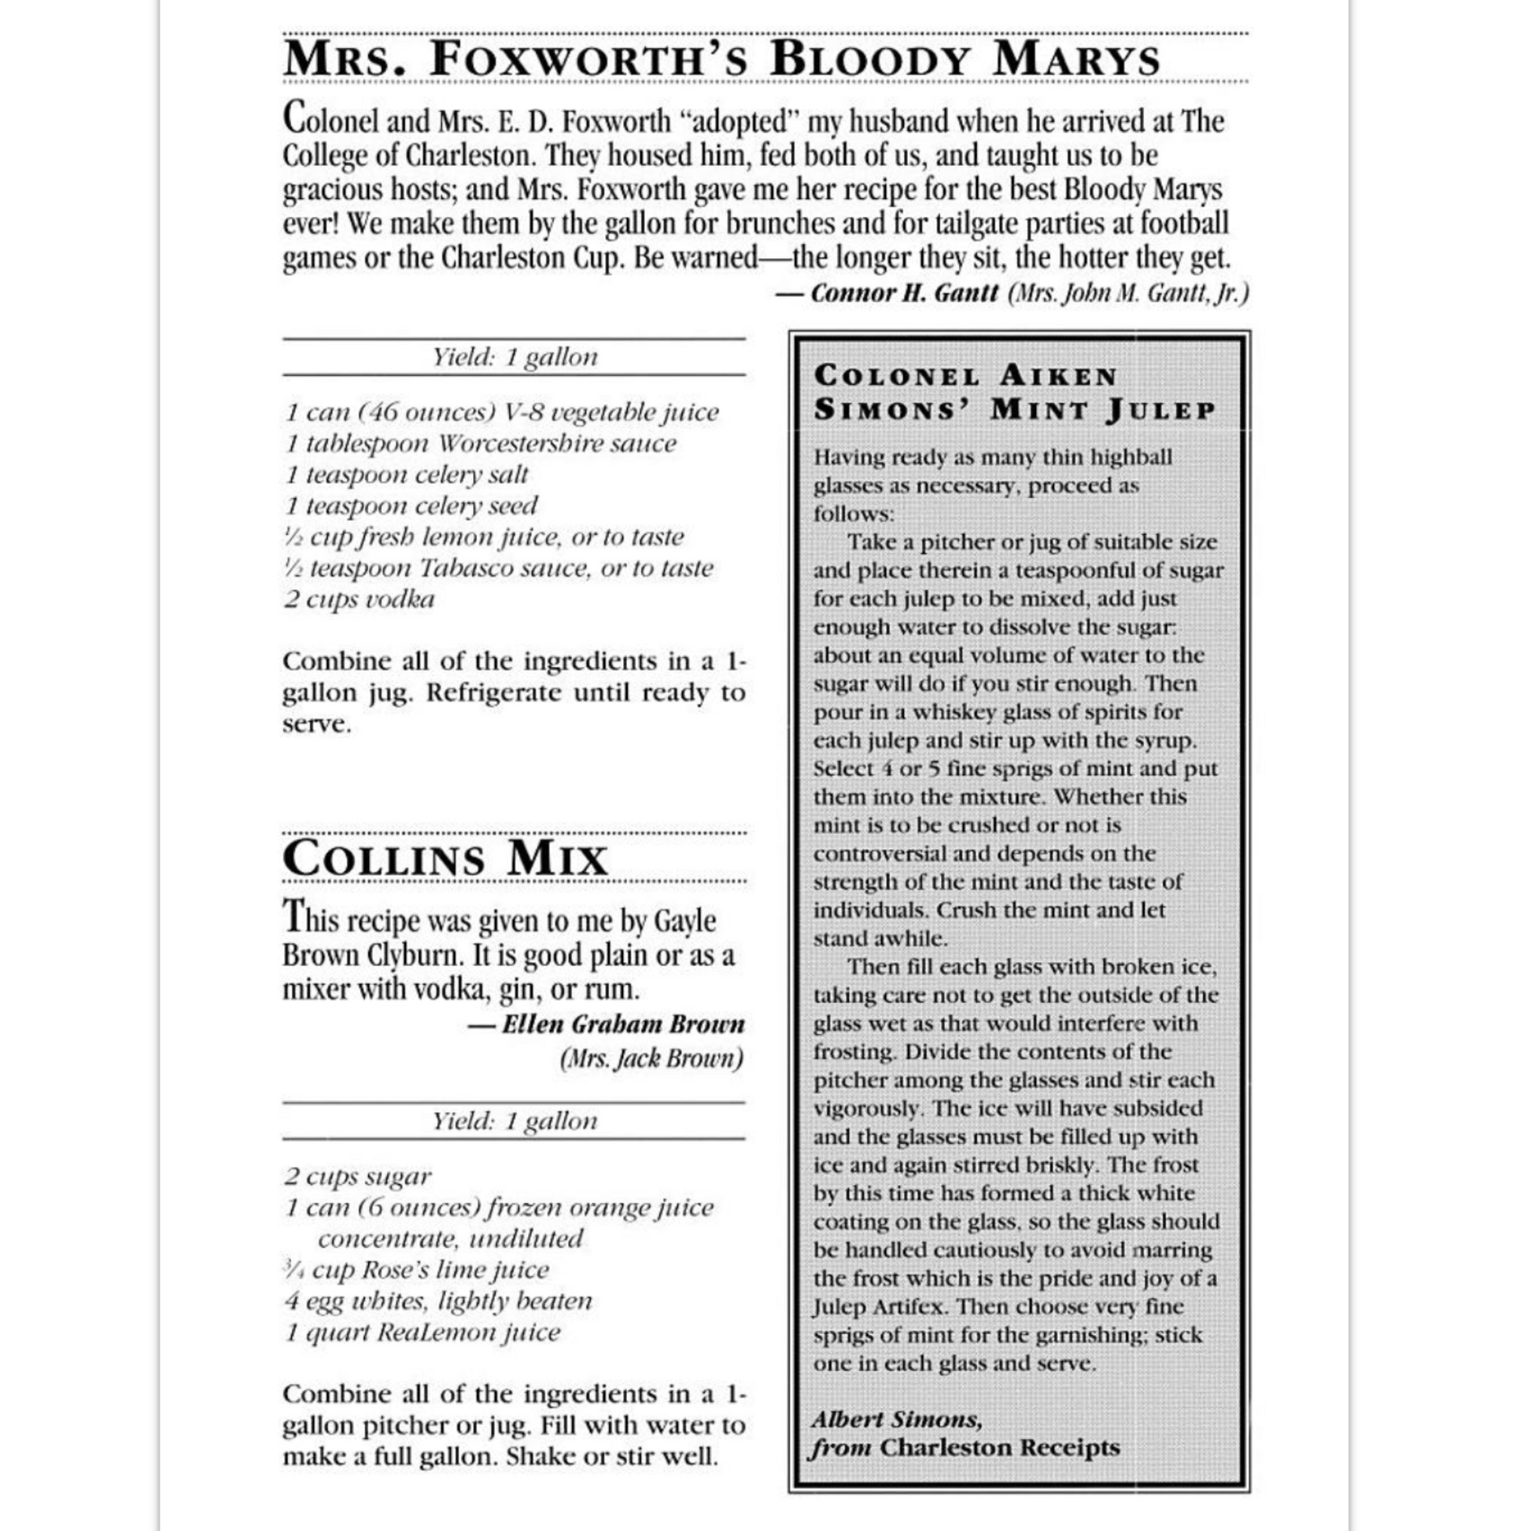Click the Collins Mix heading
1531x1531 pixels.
click(445, 858)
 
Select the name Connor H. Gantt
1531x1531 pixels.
click(904, 293)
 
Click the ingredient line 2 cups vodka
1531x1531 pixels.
click(360, 599)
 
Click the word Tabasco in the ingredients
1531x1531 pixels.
click(466, 568)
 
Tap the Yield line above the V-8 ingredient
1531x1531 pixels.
click(515, 356)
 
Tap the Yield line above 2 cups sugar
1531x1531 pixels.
click(515, 1120)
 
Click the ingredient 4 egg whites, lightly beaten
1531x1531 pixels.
click(438, 1300)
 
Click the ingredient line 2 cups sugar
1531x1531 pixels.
click(358, 1176)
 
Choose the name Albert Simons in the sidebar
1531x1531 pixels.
click(896, 1418)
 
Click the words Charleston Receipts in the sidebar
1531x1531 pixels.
click(999, 1447)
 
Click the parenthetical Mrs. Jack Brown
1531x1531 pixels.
click(651, 1059)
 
